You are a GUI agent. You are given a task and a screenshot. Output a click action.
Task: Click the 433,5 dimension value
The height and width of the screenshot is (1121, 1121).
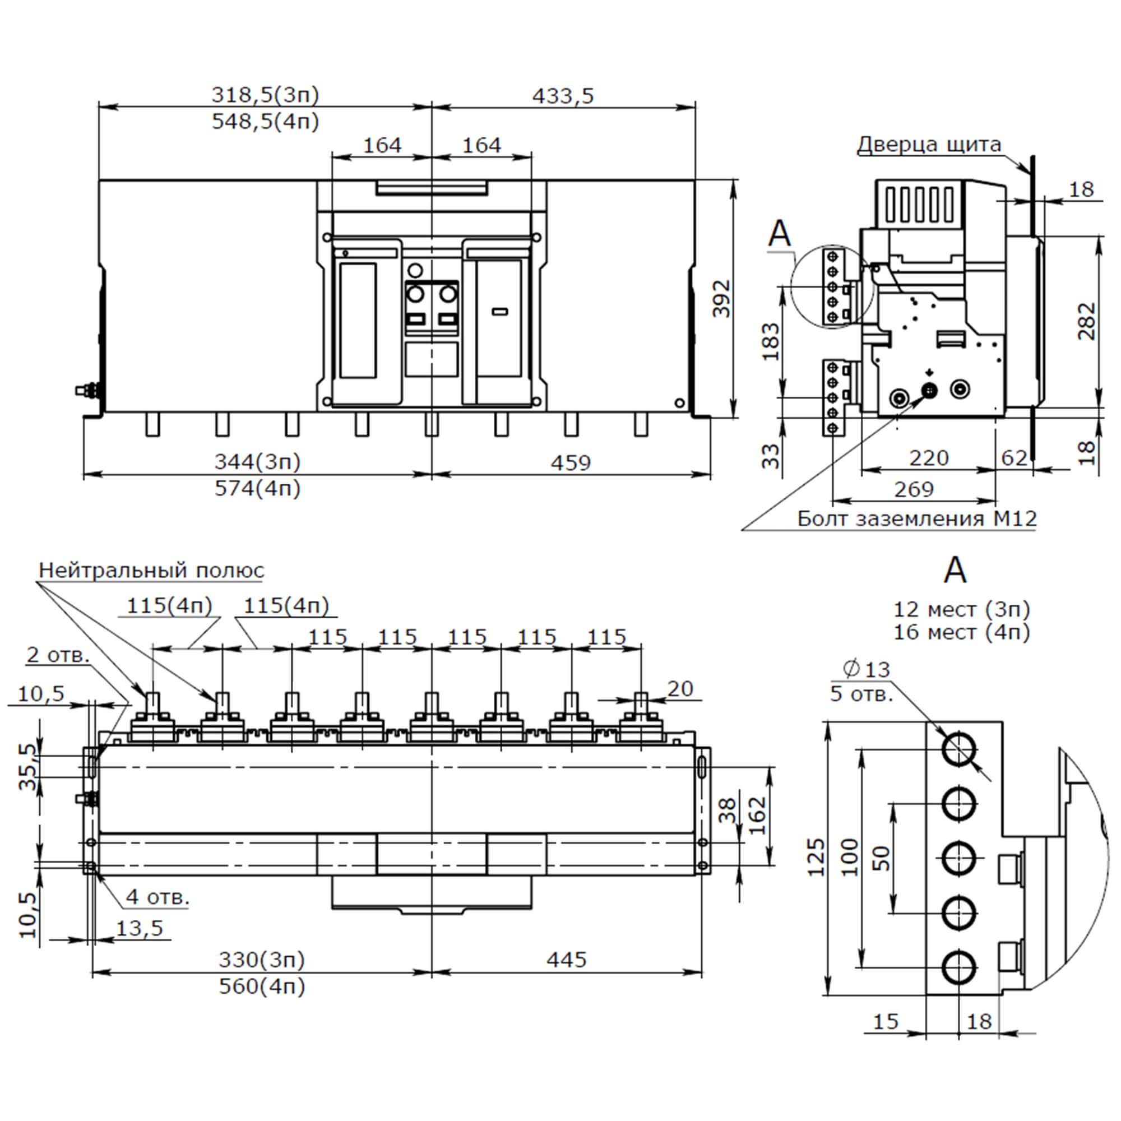click(563, 96)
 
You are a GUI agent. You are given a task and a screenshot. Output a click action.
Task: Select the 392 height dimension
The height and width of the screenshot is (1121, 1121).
click(721, 298)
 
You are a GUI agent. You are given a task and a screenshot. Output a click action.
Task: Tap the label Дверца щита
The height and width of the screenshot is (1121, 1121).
click(929, 145)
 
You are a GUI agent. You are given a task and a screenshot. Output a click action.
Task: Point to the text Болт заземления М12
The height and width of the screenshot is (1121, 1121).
click(917, 518)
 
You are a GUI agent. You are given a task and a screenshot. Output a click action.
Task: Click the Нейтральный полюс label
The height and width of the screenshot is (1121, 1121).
click(151, 571)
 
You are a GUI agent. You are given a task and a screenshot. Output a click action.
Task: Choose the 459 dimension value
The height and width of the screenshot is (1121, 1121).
click(571, 463)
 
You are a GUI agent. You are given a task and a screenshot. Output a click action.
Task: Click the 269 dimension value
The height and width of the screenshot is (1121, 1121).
click(914, 490)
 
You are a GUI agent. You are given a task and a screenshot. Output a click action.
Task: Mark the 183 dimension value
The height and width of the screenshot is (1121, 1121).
click(771, 342)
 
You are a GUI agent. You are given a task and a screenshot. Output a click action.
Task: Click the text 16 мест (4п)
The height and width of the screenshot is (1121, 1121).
click(961, 632)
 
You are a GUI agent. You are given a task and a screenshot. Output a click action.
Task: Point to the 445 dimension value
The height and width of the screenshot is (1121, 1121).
click(566, 960)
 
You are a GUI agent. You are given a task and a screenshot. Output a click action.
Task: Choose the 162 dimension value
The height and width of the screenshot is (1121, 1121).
click(757, 815)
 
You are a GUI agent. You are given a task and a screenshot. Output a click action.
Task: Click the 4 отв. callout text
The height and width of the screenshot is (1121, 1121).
click(158, 897)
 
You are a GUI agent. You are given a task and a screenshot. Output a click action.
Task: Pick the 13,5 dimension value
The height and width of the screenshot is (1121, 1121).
click(140, 928)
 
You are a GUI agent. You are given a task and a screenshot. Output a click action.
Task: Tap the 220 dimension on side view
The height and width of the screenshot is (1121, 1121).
click(928, 458)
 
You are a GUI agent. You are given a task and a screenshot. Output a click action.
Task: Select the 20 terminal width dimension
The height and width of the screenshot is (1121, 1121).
click(680, 689)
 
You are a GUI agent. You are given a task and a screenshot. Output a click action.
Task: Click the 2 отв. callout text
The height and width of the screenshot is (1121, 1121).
click(58, 655)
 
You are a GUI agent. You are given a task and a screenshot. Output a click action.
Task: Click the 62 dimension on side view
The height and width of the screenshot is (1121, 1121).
click(1015, 458)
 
